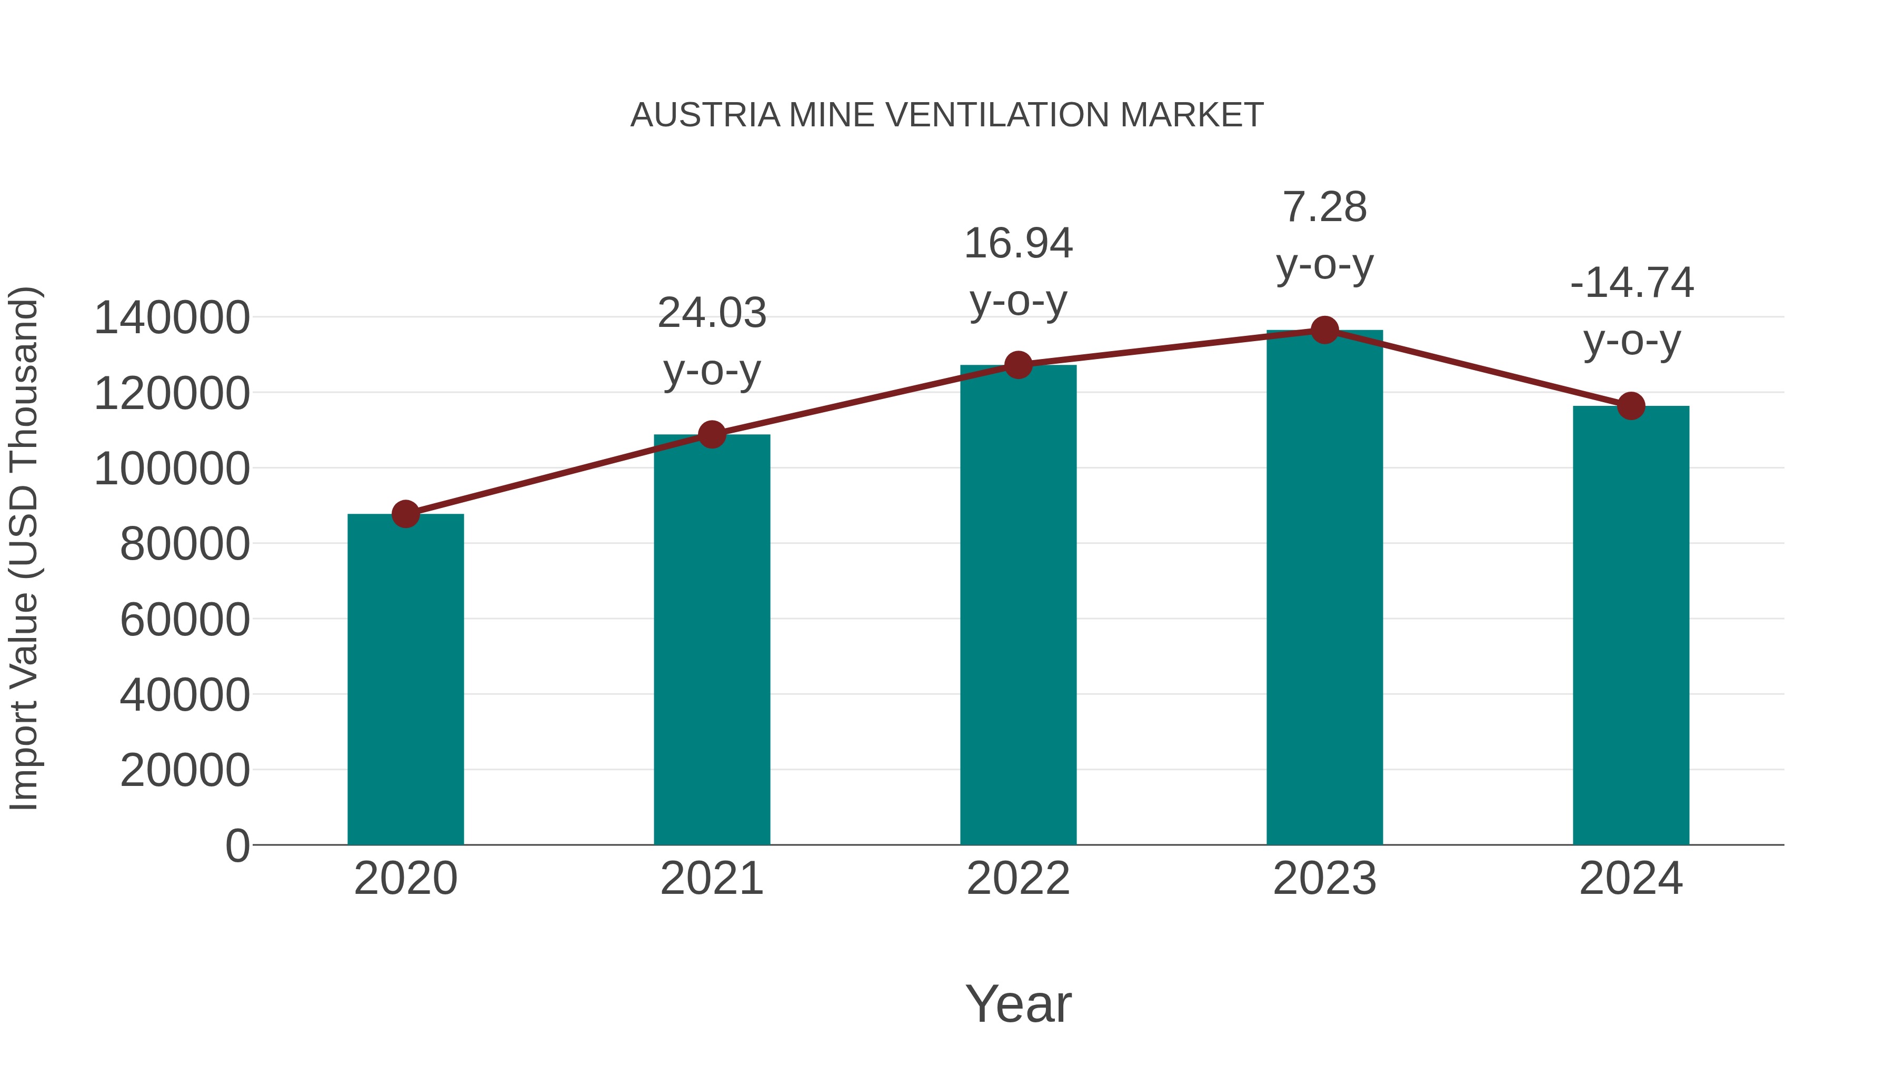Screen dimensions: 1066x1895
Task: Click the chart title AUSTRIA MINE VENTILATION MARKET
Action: pyautogui.click(x=947, y=115)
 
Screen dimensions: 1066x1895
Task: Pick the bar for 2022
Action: pyautogui.click(x=1018, y=605)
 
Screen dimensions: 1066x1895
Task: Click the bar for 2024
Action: pyautogui.click(x=1631, y=625)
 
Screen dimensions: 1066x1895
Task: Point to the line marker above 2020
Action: pyautogui.click(x=405, y=514)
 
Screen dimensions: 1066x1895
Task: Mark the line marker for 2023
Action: pyautogui.click(x=1324, y=330)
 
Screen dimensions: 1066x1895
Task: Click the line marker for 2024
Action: pyautogui.click(x=1631, y=405)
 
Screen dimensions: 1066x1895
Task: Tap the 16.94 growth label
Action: pyautogui.click(x=1018, y=272)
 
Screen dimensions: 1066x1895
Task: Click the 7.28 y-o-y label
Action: pyautogui.click(x=1324, y=235)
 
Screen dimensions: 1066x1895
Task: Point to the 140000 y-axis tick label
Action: pyautogui.click(x=172, y=318)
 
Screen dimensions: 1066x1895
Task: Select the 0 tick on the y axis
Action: pyautogui.click(x=237, y=845)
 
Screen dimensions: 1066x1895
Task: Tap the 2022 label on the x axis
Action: pyautogui.click(x=1018, y=879)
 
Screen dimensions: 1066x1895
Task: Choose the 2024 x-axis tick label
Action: pyautogui.click(x=1631, y=879)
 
